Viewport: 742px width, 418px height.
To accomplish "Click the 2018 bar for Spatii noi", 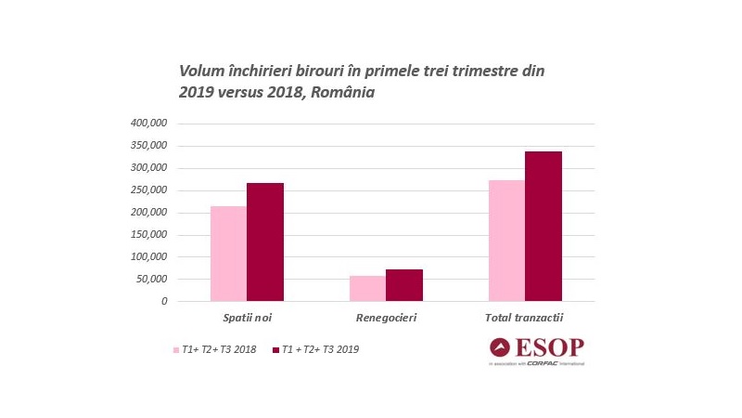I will (x=228, y=254).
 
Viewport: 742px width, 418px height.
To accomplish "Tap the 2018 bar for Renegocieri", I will (x=367, y=288).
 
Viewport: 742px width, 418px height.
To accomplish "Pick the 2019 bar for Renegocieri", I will (x=404, y=285).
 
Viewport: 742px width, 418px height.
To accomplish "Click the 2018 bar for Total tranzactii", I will (x=506, y=241).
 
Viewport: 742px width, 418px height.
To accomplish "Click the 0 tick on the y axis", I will (x=164, y=301).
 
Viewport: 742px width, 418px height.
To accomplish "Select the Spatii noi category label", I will (x=246, y=318).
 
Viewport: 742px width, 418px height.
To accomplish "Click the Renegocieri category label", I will (x=386, y=318).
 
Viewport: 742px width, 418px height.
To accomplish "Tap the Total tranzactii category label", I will (x=525, y=318).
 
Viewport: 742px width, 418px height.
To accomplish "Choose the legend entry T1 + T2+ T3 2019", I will (x=320, y=349).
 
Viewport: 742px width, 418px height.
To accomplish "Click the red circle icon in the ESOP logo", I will (x=501, y=347).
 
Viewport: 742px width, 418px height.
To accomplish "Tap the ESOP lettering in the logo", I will (x=552, y=347).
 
